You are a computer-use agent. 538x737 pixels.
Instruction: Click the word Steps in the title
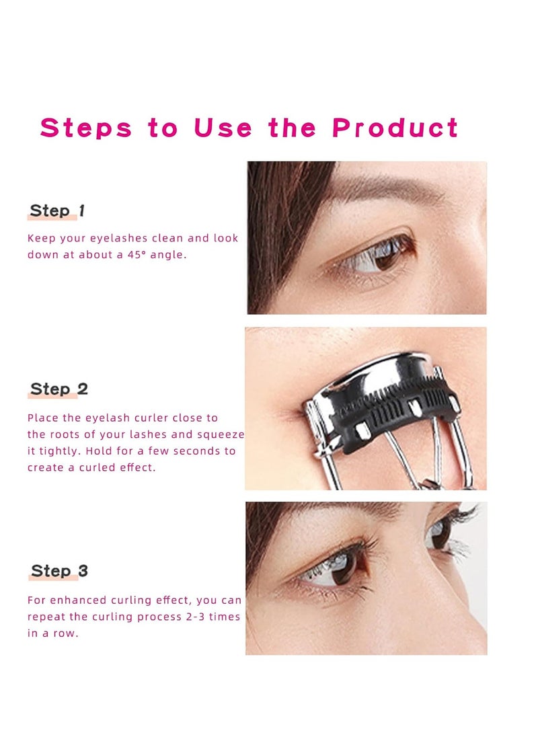86,128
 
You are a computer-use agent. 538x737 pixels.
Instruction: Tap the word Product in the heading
395,128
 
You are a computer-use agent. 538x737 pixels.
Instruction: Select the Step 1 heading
57,210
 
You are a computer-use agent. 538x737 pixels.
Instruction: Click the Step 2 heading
59,389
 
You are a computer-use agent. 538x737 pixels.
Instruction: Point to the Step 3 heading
59,572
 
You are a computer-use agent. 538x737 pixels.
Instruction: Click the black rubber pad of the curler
397,420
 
